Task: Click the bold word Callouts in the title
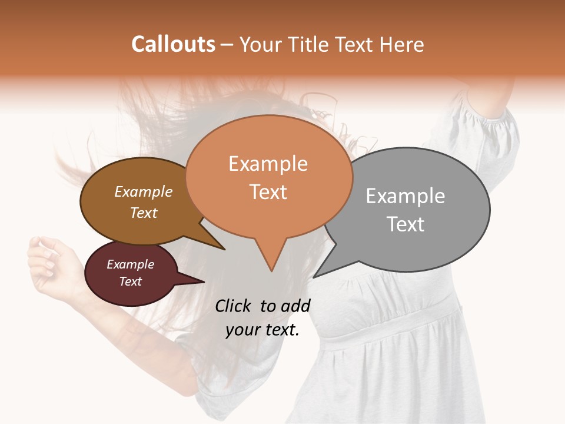coord(173,44)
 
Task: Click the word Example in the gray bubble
coord(405,196)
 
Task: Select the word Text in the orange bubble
coord(268,192)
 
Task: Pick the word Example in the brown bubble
coord(144,191)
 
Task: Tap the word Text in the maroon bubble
coord(131,281)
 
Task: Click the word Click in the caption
coord(234,306)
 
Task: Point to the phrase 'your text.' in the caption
coord(262,330)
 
